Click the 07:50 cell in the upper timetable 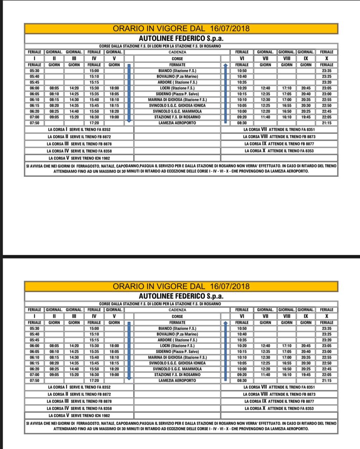click(34, 123)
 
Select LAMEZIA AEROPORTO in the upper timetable click(177, 123)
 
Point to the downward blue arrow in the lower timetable click(129, 351)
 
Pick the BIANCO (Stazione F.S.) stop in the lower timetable click(177, 328)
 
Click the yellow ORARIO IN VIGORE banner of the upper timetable click(181, 29)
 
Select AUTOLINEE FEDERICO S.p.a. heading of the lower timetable click(181, 296)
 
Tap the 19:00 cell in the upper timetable click(114, 118)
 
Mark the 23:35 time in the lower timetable click(326, 328)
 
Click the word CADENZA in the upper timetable click(177, 52)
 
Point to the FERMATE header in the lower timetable click(177, 323)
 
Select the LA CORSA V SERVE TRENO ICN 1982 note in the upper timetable click(79, 158)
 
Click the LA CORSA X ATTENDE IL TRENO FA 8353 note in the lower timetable click(279, 408)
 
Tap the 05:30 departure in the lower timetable click(34, 328)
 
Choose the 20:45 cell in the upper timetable click(306, 88)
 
